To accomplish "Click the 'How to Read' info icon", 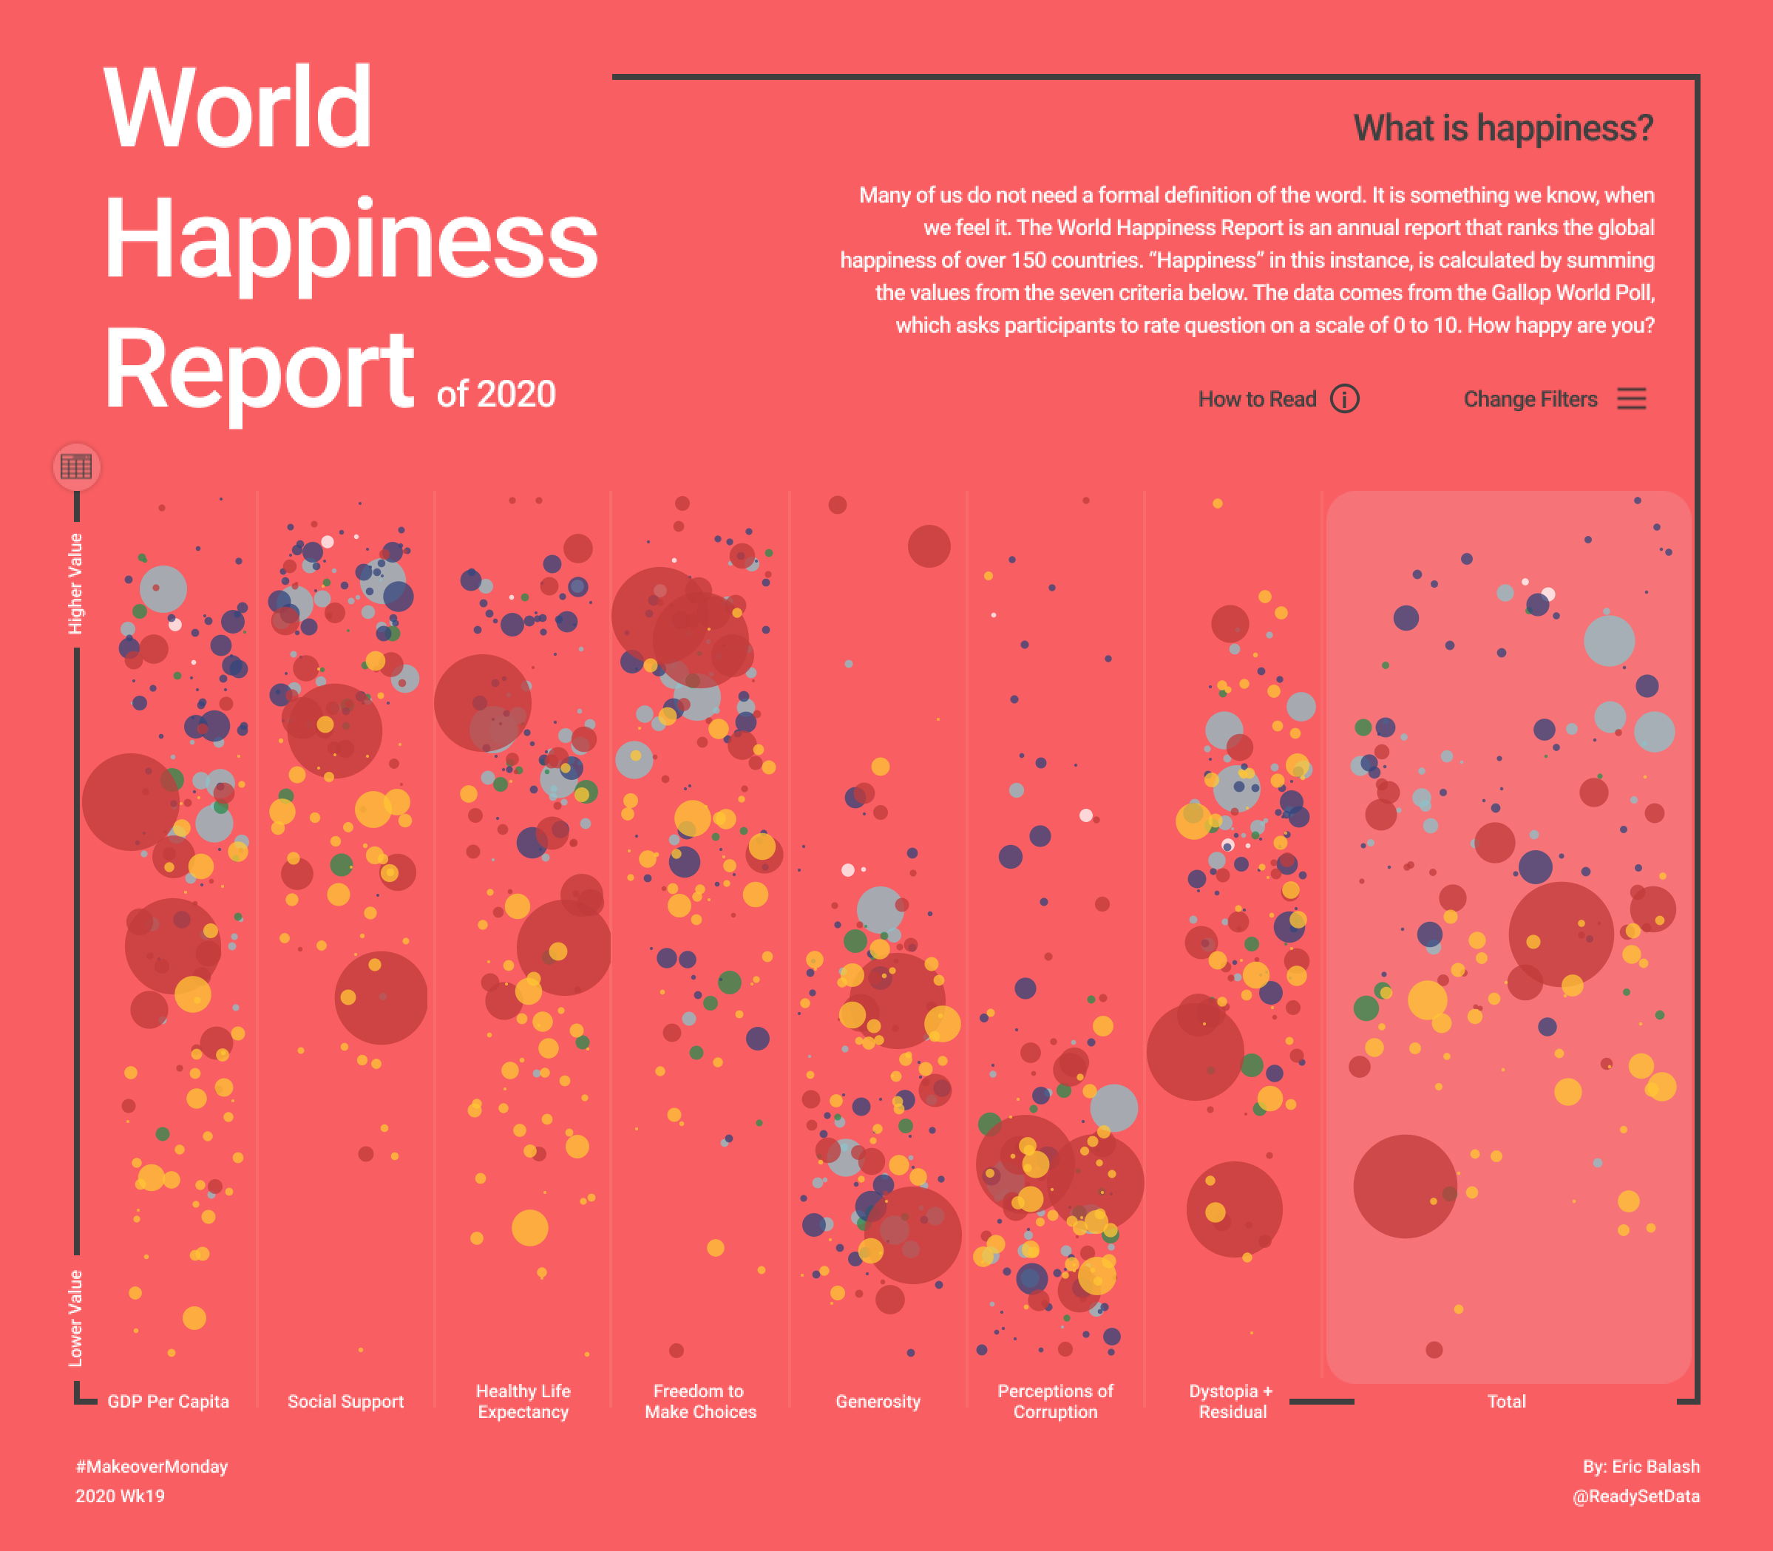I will click(1344, 399).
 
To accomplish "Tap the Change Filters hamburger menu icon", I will click(1631, 399).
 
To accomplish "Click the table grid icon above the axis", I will click(76, 466).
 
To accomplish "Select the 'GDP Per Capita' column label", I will click(168, 1401).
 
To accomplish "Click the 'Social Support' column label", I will click(345, 1401).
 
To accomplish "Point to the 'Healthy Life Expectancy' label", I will click(523, 1401).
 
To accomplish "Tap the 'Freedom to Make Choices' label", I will click(699, 1401).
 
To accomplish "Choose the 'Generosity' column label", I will click(878, 1401).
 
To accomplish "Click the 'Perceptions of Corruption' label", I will click(1055, 1401).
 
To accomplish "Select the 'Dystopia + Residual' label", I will click(1232, 1401).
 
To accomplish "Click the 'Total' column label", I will click(1506, 1401).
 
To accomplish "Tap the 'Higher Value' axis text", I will click(76, 583).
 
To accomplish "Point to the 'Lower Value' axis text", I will click(76, 1317).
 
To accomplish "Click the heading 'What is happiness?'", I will click(1503, 128).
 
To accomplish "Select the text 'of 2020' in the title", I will click(495, 395).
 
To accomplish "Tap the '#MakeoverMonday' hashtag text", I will click(152, 1466).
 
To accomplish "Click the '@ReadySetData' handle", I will click(1635, 1496).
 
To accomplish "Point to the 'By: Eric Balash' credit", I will click(1641, 1466).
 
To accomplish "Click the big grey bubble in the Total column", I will click(1609, 640).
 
